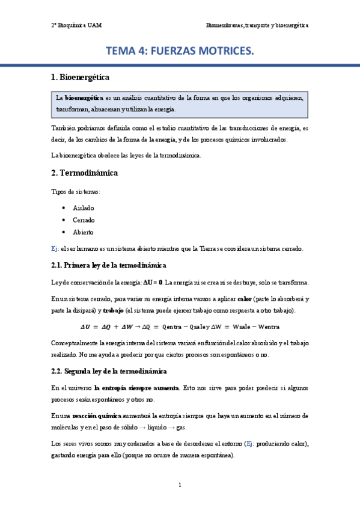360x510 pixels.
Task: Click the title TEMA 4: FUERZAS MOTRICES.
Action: [x=180, y=52]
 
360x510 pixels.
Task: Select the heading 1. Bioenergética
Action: [x=80, y=78]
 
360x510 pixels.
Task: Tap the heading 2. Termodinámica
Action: [x=84, y=173]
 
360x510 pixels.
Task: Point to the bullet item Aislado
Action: [x=84, y=207]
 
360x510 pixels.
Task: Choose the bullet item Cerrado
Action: [x=84, y=220]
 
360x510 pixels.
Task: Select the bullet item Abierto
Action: [x=84, y=232]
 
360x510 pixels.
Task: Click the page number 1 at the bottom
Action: [x=180, y=485]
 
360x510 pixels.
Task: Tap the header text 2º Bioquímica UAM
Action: [x=76, y=26]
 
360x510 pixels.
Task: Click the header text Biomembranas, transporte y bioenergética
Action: [x=257, y=26]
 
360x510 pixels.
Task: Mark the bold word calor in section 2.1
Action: [x=245, y=299]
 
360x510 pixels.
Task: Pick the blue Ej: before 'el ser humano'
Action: [x=55, y=248]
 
